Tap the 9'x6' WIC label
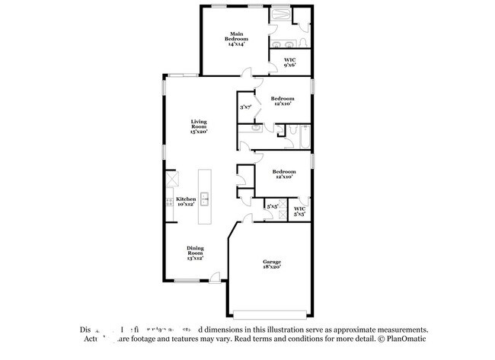[289, 62]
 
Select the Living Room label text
[199, 126]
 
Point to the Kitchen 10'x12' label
[187, 201]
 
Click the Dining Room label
[196, 253]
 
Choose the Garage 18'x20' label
[272, 264]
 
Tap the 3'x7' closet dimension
[245, 108]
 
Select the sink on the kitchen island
[205, 201]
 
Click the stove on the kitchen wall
[168, 202]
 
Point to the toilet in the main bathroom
[304, 41]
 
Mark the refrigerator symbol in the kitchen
[172, 180]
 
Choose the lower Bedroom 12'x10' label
[283, 174]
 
